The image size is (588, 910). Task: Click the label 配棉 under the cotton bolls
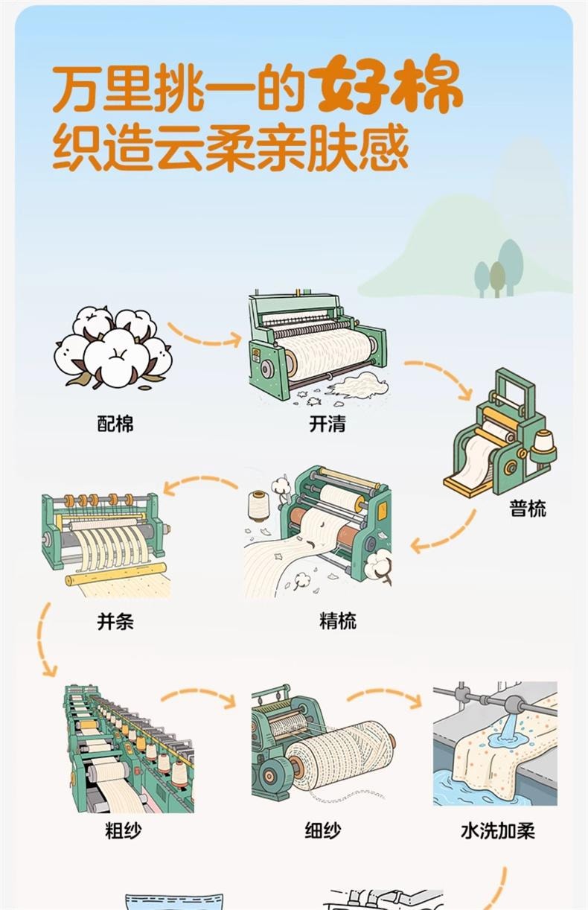click(x=115, y=424)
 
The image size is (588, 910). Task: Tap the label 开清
click(x=327, y=424)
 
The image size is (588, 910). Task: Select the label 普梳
click(x=528, y=509)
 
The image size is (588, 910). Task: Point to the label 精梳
click(x=338, y=620)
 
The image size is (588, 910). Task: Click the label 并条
click(x=115, y=620)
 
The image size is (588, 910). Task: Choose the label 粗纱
click(x=124, y=831)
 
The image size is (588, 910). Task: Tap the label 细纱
click(x=323, y=831)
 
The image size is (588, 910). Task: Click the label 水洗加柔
click(x=498, y=831)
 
